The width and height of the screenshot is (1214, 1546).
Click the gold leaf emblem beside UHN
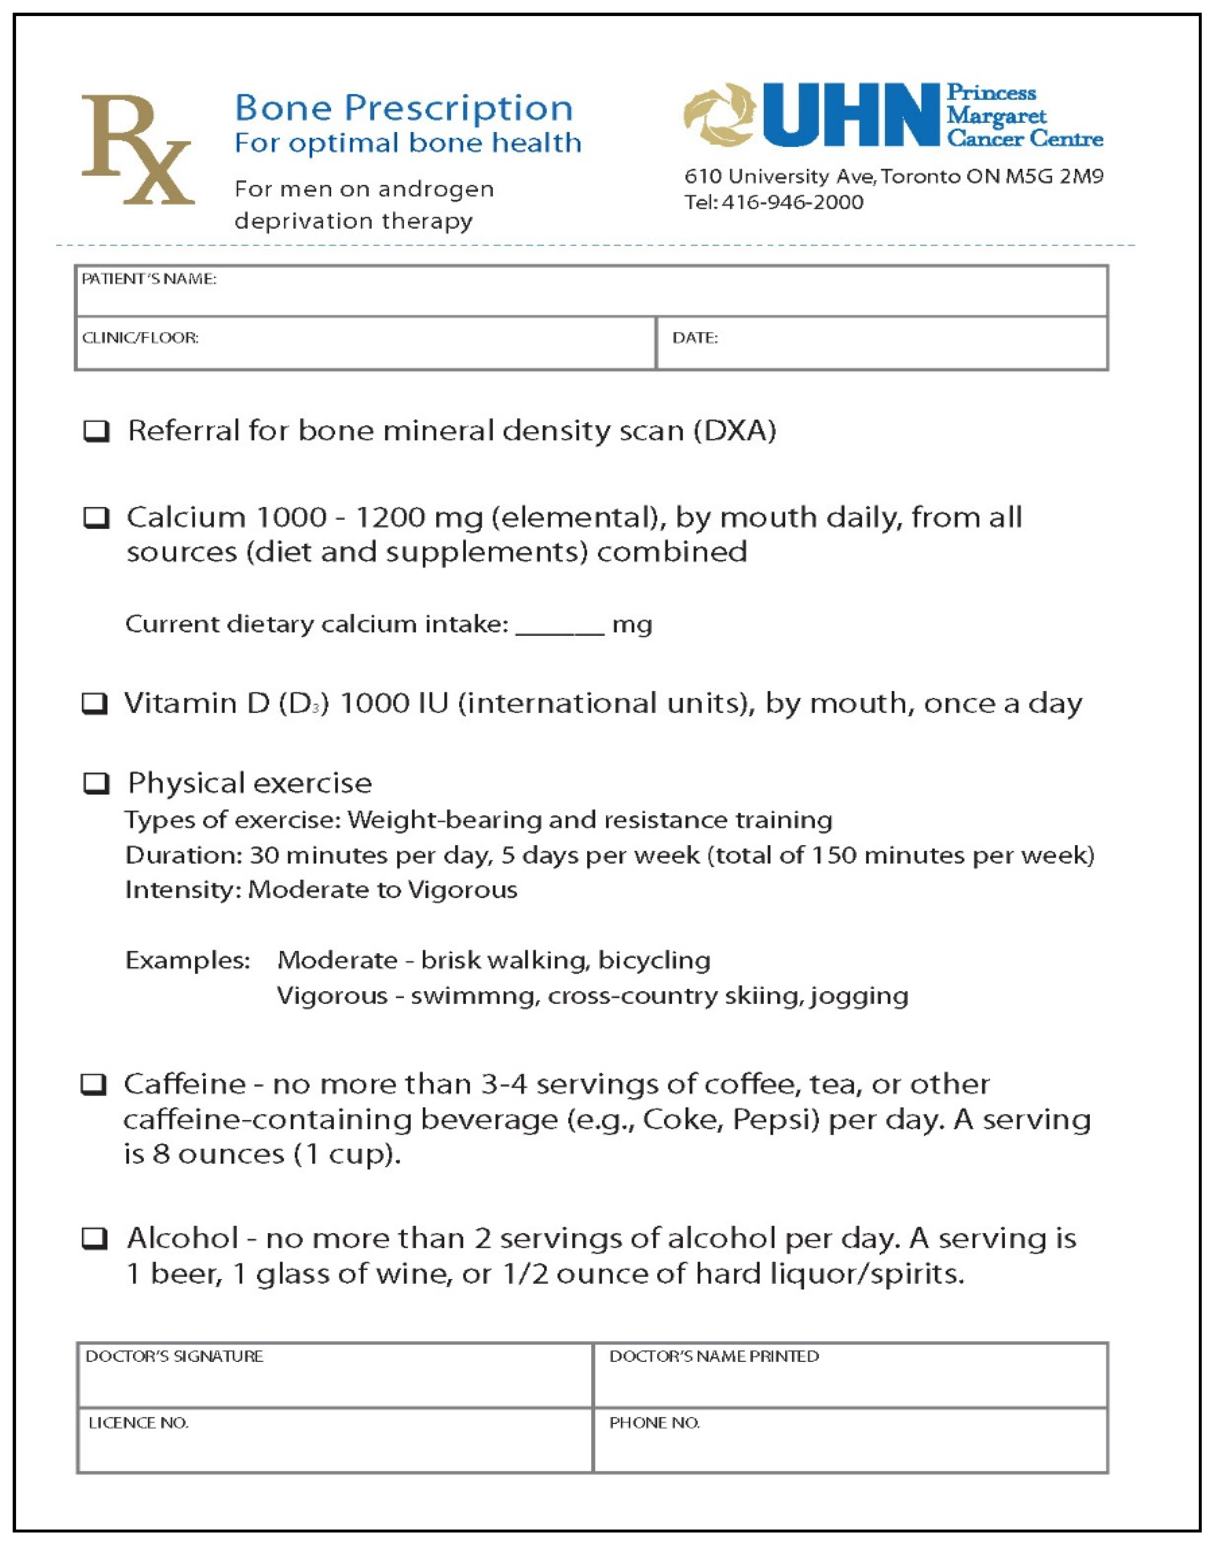(718, 115)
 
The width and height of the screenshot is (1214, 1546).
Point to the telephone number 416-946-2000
(792, 203)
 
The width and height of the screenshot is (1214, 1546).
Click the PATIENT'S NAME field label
(149, 279)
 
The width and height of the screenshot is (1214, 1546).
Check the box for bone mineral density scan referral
(97, 431)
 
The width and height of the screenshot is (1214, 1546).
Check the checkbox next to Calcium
(97, 518)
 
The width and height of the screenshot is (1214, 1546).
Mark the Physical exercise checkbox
(97, 783)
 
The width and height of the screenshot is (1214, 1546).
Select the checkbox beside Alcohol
(95, 1238)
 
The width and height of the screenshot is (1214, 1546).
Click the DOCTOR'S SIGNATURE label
(174, 1356)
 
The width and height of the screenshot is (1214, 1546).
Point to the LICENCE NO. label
(139, 1423)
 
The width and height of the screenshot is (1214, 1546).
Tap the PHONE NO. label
(654, 1423)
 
